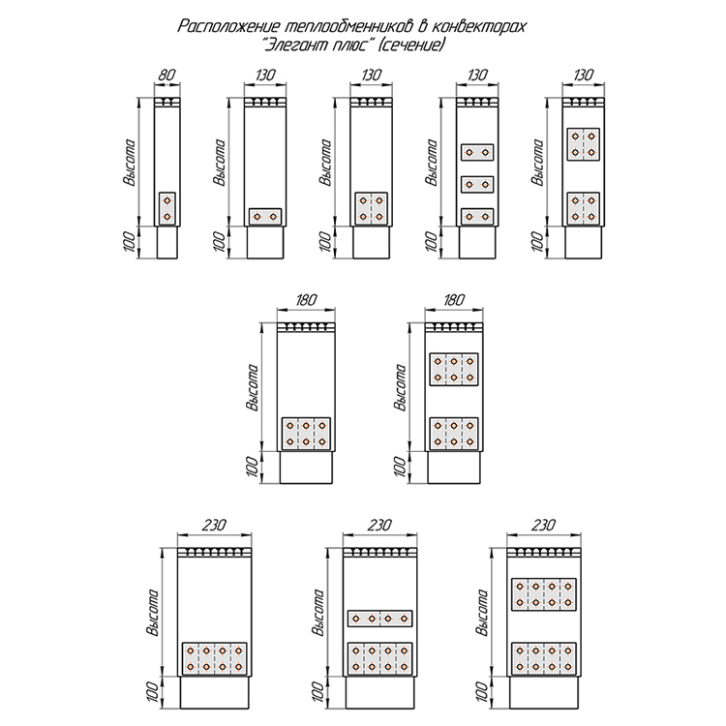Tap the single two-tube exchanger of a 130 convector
pos(265,216)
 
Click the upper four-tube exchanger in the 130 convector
pos(583,143)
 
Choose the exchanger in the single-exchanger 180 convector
pos(306,433)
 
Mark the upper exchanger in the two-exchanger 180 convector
pos(454,369)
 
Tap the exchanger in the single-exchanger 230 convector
pos(215,658)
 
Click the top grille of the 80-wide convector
pos(168,102)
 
